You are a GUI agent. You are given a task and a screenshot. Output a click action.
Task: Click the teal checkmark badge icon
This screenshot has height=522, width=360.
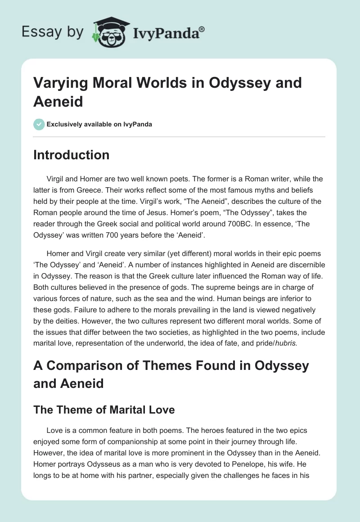pyautogui.click(x=39, y=124)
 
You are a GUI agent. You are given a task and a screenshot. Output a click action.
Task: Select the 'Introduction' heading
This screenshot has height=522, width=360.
pyautogui.click(x=71, y=155)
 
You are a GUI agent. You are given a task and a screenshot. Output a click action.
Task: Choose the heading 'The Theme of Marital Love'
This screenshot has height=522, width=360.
pyautogui.click(x=104, y=409)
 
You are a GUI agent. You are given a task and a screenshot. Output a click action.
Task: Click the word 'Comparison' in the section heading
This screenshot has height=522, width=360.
pyautogui.click(x=84, y=366)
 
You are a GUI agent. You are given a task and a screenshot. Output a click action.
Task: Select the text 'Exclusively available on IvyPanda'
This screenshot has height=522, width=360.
pyautogui.click(x=99, y=124)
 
